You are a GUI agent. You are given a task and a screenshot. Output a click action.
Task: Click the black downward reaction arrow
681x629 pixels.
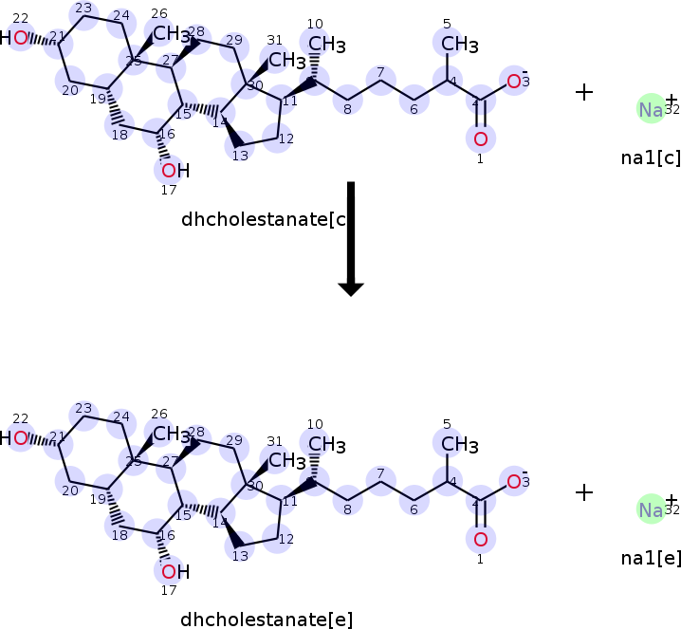point(351,237)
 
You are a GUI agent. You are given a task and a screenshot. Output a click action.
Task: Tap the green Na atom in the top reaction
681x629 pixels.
point(651,109)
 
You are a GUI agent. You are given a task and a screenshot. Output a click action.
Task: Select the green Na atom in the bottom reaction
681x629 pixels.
point(651,510)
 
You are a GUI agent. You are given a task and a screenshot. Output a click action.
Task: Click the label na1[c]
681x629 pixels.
point(651,157)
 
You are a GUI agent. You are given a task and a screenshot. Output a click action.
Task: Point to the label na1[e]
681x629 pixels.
point(651,558)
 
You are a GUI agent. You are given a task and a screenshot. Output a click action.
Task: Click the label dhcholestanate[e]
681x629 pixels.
point(267,620)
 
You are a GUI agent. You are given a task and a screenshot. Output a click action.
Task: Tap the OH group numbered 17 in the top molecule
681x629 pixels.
point(174,171)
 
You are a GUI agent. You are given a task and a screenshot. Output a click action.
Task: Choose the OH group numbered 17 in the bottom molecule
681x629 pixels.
point(174,571)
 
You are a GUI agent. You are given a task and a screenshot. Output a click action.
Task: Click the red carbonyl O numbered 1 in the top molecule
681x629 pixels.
point(480,139)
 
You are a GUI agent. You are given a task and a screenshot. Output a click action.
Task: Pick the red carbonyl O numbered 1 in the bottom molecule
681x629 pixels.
point(480,540)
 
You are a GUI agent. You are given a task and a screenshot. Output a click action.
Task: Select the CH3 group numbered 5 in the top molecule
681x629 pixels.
point(457,44)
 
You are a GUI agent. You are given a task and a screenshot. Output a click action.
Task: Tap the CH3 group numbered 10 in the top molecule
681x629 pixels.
point(325,44)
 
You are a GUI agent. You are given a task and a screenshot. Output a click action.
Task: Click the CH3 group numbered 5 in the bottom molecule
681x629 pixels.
point(457,444)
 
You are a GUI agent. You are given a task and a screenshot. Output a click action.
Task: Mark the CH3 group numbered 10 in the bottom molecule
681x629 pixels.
point(325,444)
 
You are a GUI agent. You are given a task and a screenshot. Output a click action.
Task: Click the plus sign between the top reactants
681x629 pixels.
point(584,91)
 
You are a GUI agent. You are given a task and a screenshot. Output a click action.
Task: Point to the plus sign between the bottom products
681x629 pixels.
point(584,491)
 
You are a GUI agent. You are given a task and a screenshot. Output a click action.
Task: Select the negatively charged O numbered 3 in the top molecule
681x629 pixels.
point(514,82)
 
